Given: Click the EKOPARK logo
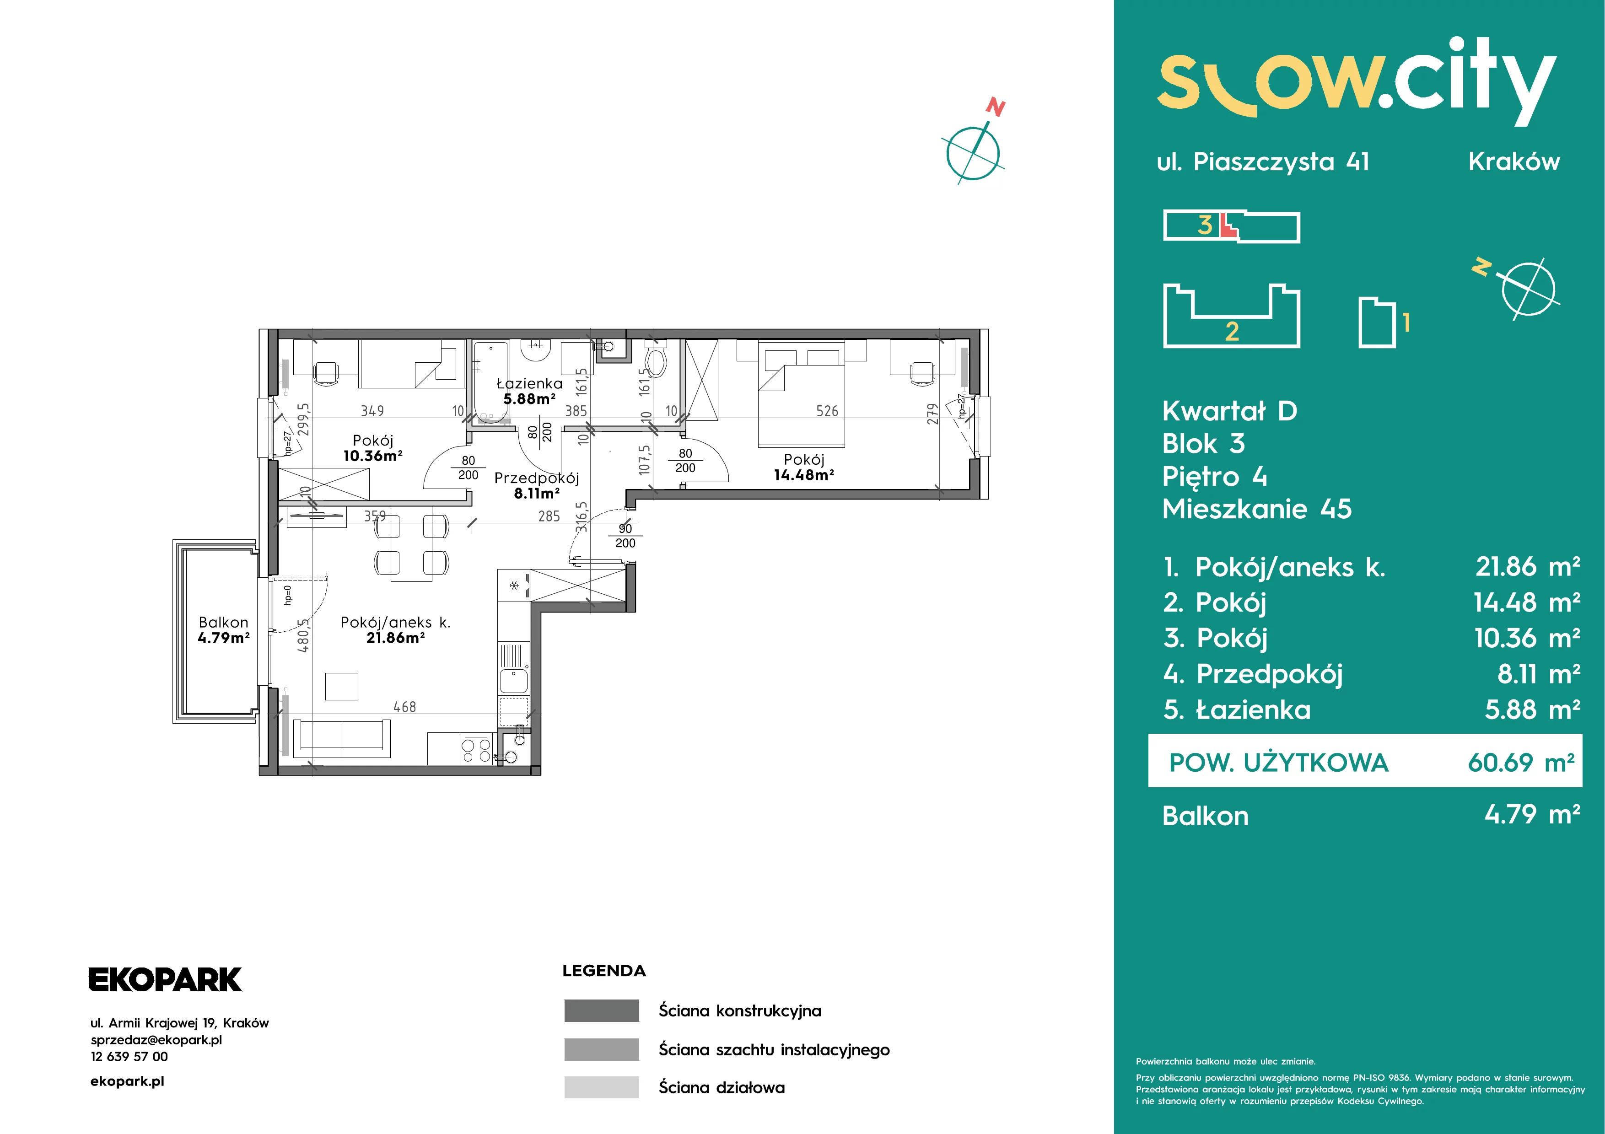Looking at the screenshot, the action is tap(165, 979).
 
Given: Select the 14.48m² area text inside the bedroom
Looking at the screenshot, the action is tap(804, 475).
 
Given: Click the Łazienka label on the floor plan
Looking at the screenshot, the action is tap(529, 383).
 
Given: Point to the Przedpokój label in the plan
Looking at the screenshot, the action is tap(536, 478).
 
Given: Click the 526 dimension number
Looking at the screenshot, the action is tap(827, 411).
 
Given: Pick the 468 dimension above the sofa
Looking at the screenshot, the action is tap(405, 707).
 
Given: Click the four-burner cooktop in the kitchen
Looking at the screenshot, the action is tap(476, 750).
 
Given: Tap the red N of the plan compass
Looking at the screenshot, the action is tap(996, 107).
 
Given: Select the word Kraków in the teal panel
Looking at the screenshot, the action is tap(1514, 161).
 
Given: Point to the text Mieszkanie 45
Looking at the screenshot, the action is tap(1257, 509).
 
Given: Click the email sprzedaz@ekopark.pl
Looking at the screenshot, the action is tap(156, 1040).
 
